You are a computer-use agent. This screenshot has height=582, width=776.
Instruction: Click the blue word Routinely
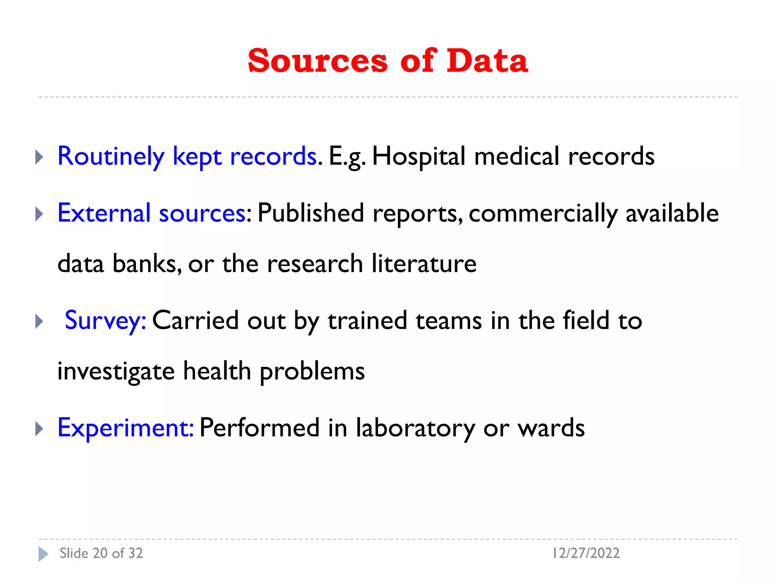point(111,156)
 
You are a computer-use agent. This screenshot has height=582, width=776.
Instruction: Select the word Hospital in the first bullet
point(418,156)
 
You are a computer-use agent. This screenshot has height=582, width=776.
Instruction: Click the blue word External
point(104,213)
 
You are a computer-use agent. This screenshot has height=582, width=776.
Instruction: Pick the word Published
point(311,213)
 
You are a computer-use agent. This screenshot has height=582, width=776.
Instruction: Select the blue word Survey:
point(105,321)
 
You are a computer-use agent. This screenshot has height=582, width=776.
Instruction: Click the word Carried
point(195,321)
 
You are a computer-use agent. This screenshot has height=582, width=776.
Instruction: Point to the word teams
point(449,321)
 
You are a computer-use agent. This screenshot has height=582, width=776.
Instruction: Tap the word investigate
point(116,371)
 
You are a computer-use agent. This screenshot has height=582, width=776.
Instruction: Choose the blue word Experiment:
point(125,428)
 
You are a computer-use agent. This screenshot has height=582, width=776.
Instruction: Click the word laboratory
point(415,428)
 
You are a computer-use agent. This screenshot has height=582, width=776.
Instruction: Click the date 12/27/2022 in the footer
point(586,553)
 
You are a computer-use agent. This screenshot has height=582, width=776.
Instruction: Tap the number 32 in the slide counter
point(135,553)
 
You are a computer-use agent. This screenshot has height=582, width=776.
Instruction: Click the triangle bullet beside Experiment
point(39,429)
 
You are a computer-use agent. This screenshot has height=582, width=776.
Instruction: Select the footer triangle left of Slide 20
point(43,554)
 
